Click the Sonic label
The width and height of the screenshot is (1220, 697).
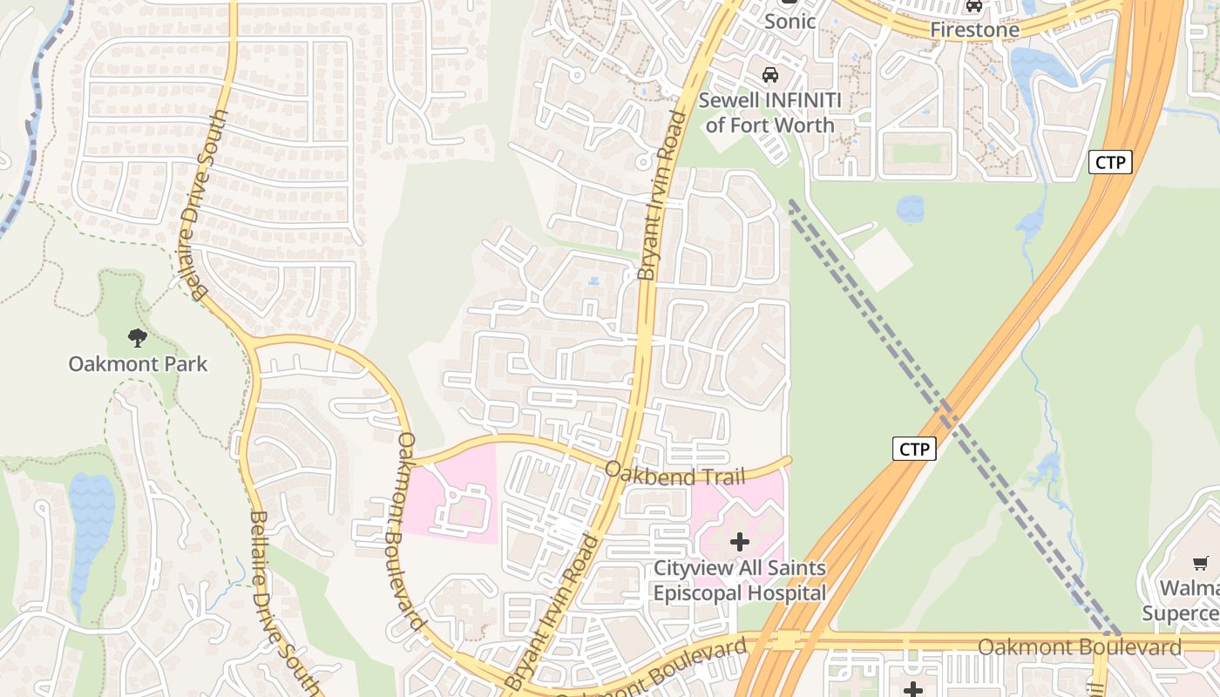pyautogui.click(x=790, y=22)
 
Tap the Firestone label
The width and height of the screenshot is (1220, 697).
pyautogui.click(x=974, y=30)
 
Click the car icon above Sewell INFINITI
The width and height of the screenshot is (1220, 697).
pyautogui.click(x=770, y=75)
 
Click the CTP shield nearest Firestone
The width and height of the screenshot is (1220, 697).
pyautogui.click(x=1110, y=161)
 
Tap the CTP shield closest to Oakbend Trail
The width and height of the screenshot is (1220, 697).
pyautogui.click(x=914, y=449)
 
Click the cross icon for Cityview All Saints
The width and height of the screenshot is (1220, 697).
pyautogui.click(x=740, y=542)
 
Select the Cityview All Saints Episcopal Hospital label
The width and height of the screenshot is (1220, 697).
pyautogui.click(x=740, y=581)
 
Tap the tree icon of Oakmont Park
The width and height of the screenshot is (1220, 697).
pyautogui.click(x=137, y=337)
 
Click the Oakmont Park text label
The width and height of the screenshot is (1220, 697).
pyautogui.click(x=138, y=363)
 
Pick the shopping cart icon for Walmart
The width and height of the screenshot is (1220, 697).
pyautogui.click(x=1201, y=564)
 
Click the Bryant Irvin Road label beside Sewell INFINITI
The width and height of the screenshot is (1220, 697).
pyautogui.click(x=659, y=196)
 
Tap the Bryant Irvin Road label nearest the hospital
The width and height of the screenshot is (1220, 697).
pyautogui.click(x=552, y=610)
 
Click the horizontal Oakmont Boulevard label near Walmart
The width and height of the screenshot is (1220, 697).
pyautogui.click(x=1079, y=647)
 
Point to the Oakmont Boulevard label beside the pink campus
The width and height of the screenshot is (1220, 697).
pyautogui.click(x=410, y=531)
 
